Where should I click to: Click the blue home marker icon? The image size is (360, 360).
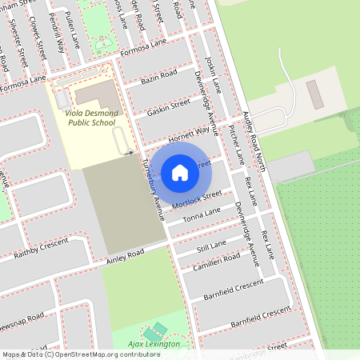pos(180,172)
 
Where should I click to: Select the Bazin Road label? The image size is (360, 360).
pos(158,77)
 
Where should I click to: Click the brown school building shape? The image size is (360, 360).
pos(98,95)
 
